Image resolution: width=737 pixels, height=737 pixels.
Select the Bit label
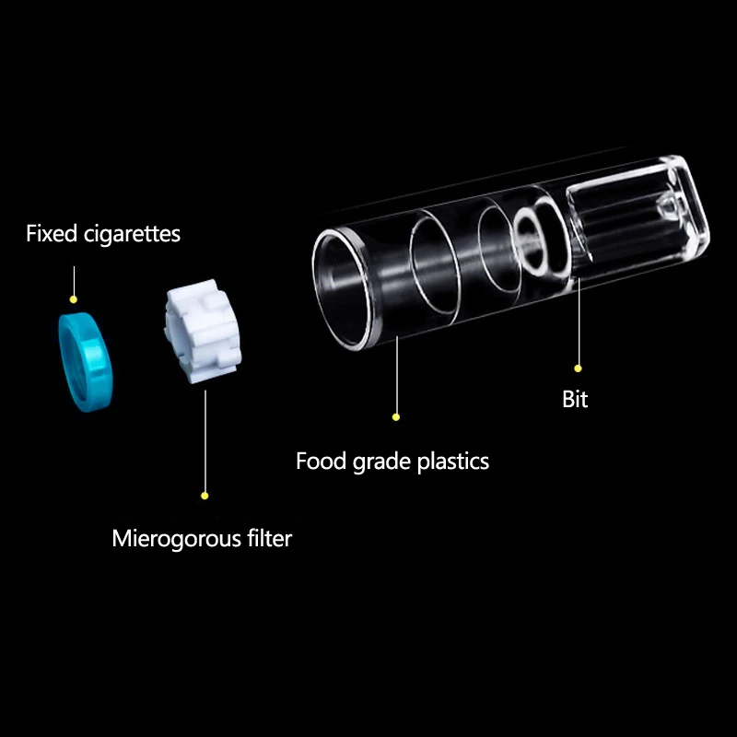575,400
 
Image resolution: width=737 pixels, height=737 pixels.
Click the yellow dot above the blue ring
74,298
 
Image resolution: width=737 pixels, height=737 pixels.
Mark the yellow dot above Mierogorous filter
205,496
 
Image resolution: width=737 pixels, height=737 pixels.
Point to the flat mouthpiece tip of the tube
645,212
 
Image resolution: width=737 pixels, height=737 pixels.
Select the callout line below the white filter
205,442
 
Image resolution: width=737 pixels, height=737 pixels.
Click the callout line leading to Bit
579,313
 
